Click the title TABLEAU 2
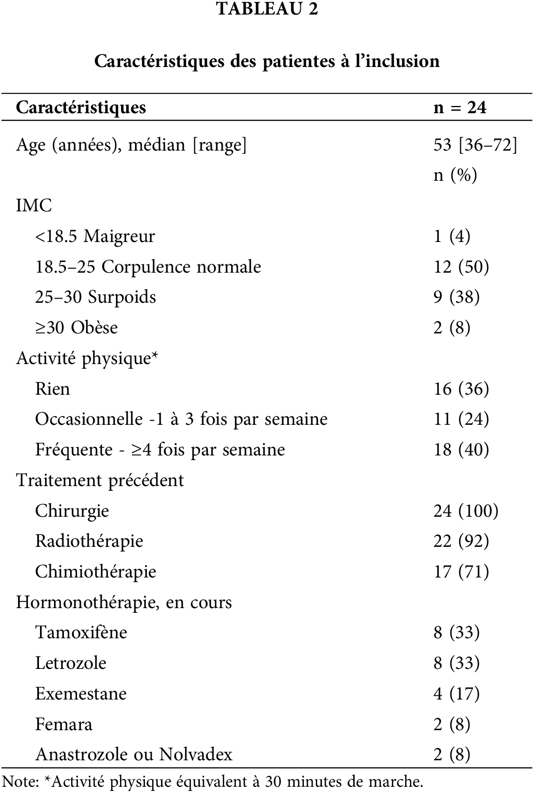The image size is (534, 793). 267,9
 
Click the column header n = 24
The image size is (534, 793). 460,107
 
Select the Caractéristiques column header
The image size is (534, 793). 81,107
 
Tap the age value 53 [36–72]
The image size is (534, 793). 475,144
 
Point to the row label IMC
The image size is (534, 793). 34,205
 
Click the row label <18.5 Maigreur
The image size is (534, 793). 95,236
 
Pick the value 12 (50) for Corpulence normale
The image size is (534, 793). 461,267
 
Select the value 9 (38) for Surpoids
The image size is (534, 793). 457,297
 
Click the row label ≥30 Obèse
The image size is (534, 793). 76,328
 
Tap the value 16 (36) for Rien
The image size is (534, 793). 461,389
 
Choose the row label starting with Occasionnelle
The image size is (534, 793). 181,419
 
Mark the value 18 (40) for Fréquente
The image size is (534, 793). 461,450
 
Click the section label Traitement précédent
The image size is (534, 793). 100,480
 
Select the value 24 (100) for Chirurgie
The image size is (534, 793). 466,511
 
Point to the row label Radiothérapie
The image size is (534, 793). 89,541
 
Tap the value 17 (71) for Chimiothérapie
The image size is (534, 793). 461,572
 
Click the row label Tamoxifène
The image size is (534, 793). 81,633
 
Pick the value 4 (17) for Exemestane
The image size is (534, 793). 457,694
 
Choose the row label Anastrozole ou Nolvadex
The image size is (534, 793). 133,754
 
